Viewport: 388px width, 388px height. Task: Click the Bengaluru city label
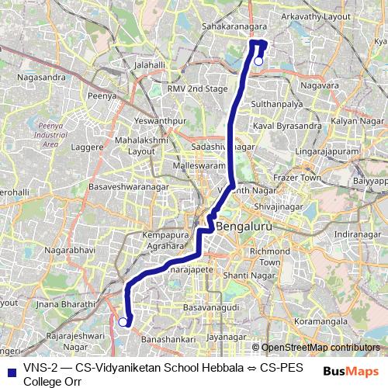point(245,227)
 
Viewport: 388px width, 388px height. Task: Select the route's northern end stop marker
point(258,61)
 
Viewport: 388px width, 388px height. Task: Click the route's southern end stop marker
point(123,320)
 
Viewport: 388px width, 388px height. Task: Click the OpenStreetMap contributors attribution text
point(320,348)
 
